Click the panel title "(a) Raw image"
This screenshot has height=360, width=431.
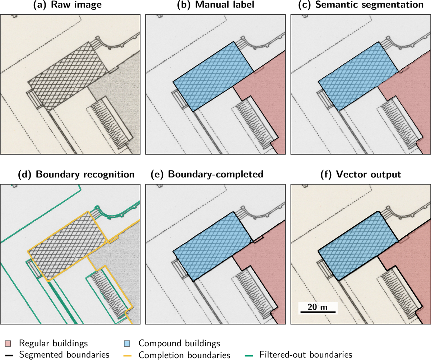coord(68,5)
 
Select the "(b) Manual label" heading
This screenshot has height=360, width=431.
coord(215,5)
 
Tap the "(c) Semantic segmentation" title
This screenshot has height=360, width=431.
coord(361,5)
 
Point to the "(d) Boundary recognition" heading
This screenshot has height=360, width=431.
coord(76,174)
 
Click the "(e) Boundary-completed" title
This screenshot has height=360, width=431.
coord(207,174)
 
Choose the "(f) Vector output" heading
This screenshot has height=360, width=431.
coord(361,174)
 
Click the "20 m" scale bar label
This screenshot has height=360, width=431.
coord(318,307)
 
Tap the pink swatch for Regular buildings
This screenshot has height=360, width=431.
coord(8,343)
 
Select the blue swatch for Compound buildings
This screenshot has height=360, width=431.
coord(127,343)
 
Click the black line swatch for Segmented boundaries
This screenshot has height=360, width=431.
coord(9,355)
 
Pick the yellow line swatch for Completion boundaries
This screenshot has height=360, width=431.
coord(128,355)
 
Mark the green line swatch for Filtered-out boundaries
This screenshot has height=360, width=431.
coord(249,355)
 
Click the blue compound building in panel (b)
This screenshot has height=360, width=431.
coord(213,77)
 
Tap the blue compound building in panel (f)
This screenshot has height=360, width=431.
coord(358,246)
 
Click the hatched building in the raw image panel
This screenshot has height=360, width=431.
coord(68,77)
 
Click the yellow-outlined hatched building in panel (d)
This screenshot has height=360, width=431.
coord(68,246)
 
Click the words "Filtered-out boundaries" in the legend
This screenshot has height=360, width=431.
coord(306,355)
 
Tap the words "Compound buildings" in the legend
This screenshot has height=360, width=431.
coord(179,343)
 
